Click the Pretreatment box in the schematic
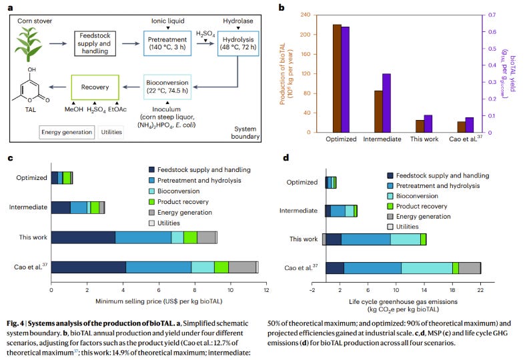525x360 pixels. [x=167, y=43]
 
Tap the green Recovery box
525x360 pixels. [x=95, y=87]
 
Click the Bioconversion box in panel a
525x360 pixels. [x=167, y=87]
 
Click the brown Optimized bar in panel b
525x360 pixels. [x=337, y=78]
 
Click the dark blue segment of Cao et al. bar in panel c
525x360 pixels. [x=88, y=267]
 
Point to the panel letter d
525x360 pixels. [x=286, y=158]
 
